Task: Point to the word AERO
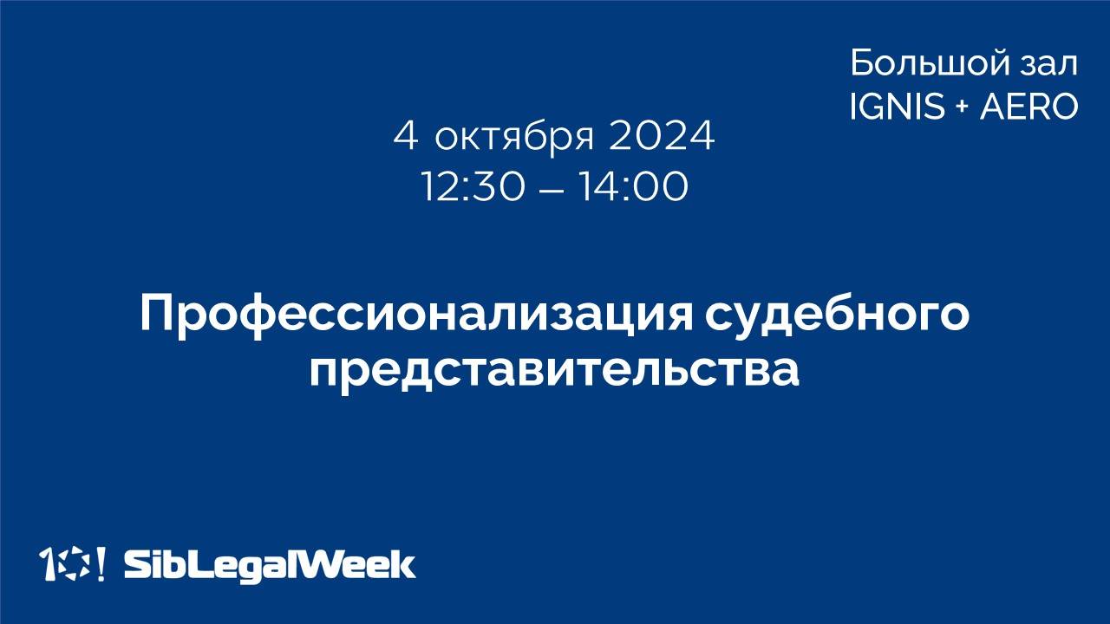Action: (x=1028, y=107)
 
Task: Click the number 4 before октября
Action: (x=406, y=137)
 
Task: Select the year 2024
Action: (x=662, y=137)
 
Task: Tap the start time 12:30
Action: (x=473, y=187)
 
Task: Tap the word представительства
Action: (x=554, y=369)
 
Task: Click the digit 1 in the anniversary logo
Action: (x=48, y=564)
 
